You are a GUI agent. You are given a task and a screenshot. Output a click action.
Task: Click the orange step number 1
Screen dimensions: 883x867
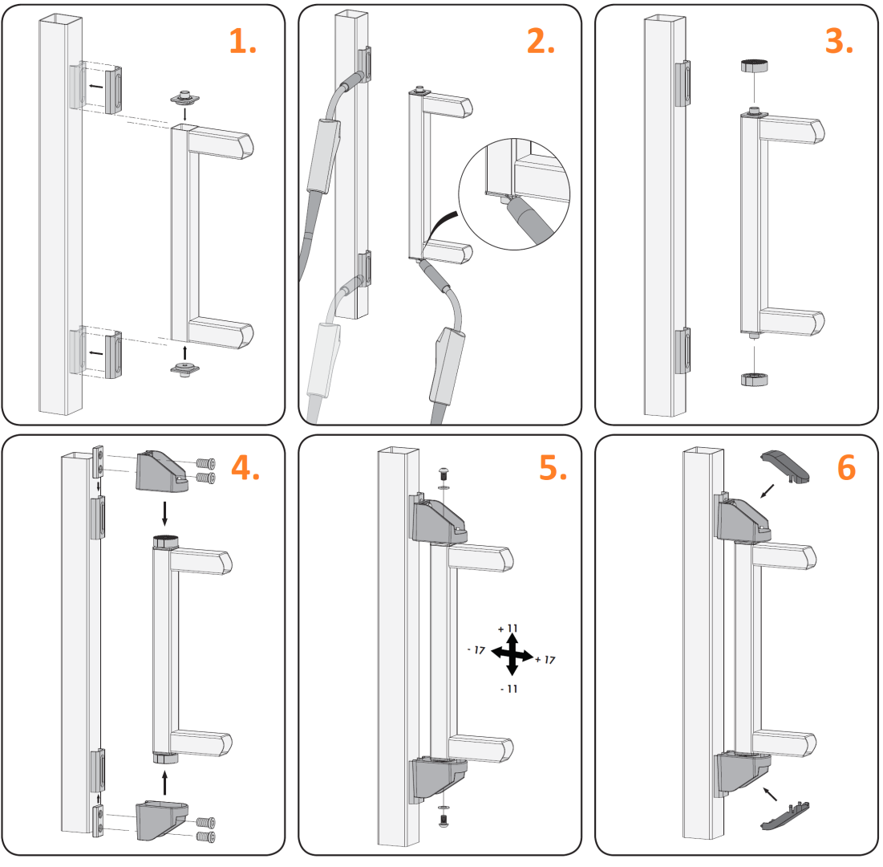tap(243, 42)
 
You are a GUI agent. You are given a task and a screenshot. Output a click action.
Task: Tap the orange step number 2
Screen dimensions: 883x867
tap(541, 42)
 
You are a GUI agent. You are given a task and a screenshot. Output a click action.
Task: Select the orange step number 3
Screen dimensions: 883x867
tap(839, 42)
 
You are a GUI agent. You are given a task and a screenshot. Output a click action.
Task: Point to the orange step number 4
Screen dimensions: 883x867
tap(245, 468)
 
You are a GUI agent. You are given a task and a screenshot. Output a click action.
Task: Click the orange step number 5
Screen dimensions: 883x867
tap(553, 468)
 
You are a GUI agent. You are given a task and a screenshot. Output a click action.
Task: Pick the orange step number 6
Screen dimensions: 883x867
tap(846, 468)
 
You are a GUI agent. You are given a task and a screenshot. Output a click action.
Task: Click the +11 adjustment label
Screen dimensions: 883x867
tap(508, 629)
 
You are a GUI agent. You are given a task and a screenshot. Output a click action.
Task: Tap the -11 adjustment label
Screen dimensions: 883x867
tap(509, 689)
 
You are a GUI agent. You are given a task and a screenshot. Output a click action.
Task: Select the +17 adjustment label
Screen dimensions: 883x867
tap(545, 660)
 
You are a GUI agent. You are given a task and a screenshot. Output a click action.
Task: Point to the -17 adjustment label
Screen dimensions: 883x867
tap(476, 650)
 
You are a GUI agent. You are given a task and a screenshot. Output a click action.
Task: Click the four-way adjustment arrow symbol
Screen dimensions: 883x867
tap(512, 654)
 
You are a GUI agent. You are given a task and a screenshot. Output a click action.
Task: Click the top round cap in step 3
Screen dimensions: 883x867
tap(754, 65)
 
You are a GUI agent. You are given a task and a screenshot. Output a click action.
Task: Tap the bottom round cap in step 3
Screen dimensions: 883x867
tap(754, 378)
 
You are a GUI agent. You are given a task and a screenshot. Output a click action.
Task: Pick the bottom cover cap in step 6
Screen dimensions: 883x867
tap(786, 816)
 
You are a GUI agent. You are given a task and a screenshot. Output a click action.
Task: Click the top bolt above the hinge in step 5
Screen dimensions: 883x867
tap(444, 473)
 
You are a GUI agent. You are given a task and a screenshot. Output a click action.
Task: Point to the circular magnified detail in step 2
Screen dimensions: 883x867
tap(514, 194)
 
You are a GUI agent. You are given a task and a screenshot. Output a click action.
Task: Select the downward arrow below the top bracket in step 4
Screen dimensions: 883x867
tap(164, 513)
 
